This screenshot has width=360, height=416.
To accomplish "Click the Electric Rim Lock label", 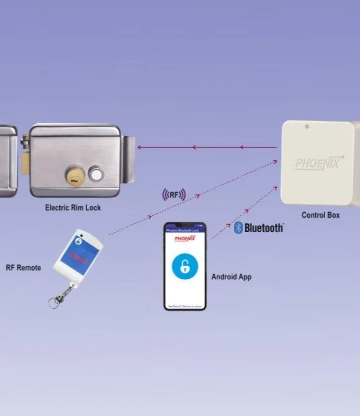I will (73, 207).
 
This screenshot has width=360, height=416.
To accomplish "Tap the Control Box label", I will (320, 215).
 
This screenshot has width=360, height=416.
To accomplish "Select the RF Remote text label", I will (23, 268).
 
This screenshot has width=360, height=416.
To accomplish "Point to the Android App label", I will (231, 277).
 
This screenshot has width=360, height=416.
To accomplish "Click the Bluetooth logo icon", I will (238, 228).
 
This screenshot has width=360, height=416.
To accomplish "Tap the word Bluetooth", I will (264, 228).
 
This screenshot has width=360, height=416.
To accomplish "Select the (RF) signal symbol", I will (174, 195).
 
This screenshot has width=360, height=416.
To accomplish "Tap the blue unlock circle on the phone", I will (184, 267).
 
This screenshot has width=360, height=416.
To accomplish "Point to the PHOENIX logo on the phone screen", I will (184, 238).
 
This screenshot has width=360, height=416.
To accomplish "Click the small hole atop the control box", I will (307, 126).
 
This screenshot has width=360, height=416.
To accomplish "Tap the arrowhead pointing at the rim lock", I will (140, 148).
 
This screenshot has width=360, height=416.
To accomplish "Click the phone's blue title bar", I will (184, 229).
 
